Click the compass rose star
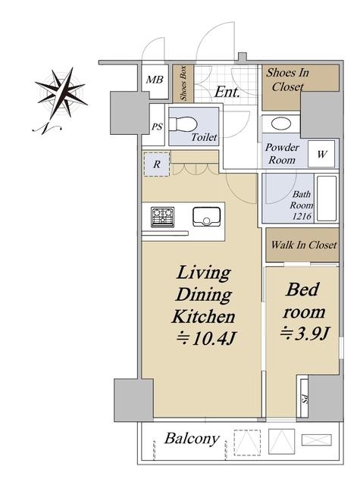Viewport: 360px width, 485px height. [61, 92]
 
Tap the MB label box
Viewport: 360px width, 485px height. [155, 80]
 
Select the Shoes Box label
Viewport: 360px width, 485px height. [183, 83]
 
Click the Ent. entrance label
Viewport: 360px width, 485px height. [227, 92]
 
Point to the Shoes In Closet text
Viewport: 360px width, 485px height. [288, 80]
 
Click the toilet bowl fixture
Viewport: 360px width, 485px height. [183, 125]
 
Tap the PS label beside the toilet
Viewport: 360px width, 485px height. [157, 127]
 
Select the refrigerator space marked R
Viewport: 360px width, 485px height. [157, 164]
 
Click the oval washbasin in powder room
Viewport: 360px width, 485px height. [281, 124]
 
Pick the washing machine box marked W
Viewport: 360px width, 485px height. [321, 154]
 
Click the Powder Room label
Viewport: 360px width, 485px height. [282, 154]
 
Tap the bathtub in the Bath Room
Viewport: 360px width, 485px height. [327, 199]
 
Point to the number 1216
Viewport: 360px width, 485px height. [302, 216]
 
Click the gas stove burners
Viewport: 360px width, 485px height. [162, 217]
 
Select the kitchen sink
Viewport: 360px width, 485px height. [207, 217]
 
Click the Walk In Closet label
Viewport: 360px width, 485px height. [304, 245]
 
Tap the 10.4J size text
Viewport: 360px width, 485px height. [206, 339]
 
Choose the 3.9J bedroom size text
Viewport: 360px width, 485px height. [304, 333]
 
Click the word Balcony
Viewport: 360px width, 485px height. [192, 440]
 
